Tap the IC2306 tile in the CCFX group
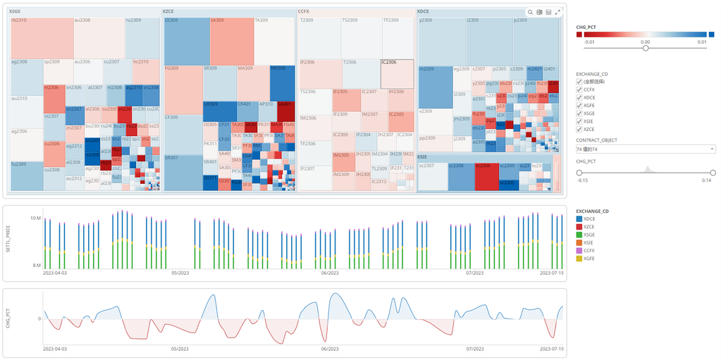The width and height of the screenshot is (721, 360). point(397,74)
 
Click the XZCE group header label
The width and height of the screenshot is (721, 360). point(169,12)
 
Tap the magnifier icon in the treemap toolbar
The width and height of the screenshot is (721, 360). point(530,12)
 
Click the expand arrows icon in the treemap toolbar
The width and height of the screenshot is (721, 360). point(557,12)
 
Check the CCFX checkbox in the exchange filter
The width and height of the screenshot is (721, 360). point(579,89)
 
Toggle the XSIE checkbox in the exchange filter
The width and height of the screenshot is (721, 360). point(579,120)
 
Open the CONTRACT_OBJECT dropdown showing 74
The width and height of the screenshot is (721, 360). point(646,149)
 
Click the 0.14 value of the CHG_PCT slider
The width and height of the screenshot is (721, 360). point(708,180)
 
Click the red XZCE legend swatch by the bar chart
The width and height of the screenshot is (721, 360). point(579,227)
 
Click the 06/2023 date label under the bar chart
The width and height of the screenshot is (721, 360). point(329,273)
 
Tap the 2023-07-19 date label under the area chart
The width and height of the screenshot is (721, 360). point(551,348)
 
